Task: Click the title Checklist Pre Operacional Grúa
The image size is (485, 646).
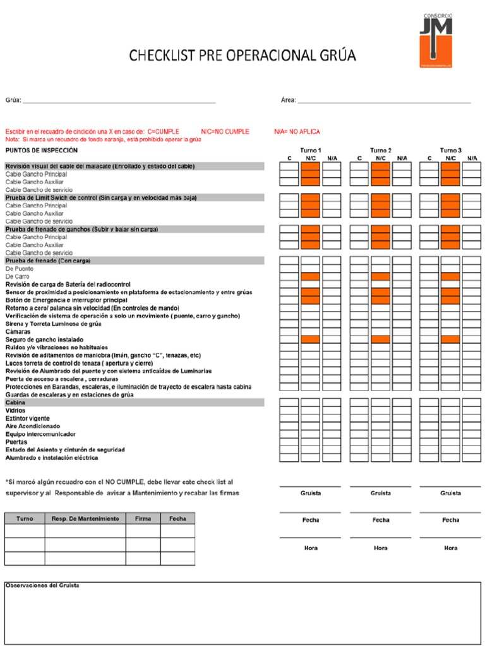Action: pyautogui.click(x=242, y=56)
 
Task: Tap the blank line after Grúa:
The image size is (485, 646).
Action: pyautogui.click(x=119, y=100)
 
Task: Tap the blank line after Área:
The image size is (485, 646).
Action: pyautogui.click(x=384, y=100)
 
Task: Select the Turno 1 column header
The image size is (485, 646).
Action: pyautogui.click(x=311, y=150)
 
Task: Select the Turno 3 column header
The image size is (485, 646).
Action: pyautogui.click(x=451, y=150)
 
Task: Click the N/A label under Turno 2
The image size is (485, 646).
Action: pyautogui.click(x=402, y=158)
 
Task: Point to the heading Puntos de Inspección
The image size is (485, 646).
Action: pyautogui.click(x=42, y=150)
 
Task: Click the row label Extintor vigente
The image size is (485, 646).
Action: pyautogui.click(x=28, y=418)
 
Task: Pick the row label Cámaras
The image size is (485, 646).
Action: pyautogui.click(x=18, y=331)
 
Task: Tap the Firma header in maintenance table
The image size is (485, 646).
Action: pyautogui.click(x=143, y=519)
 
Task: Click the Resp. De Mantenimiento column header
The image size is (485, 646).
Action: pyautogui.click(x=85, y=519)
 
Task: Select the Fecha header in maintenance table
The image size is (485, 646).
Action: pyautogui.click(x=177, y=519)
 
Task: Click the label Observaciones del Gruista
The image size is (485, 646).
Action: pyautogui.click(x=42, y=585)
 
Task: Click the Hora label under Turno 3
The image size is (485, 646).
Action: pyautogui.click(x=451, y=548)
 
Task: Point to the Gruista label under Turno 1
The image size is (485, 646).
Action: pyautogui.click(x=311, y=493)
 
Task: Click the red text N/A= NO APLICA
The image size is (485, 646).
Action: pyautogui.click(x=297, y=131)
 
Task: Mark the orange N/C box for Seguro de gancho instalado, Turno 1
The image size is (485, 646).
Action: pyautogui.click(x=311, y=339)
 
